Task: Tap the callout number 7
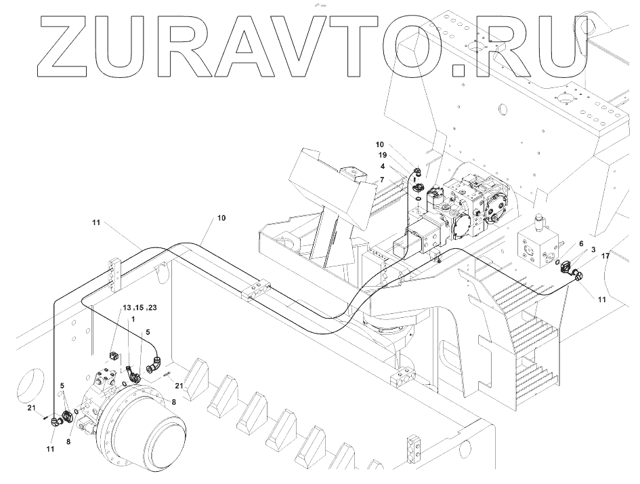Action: pos(382,180)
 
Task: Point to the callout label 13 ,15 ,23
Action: pos(140,308)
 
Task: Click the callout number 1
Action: pos(134,319)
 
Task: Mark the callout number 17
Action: pos(605,256)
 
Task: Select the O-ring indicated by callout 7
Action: pos(419,198)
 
